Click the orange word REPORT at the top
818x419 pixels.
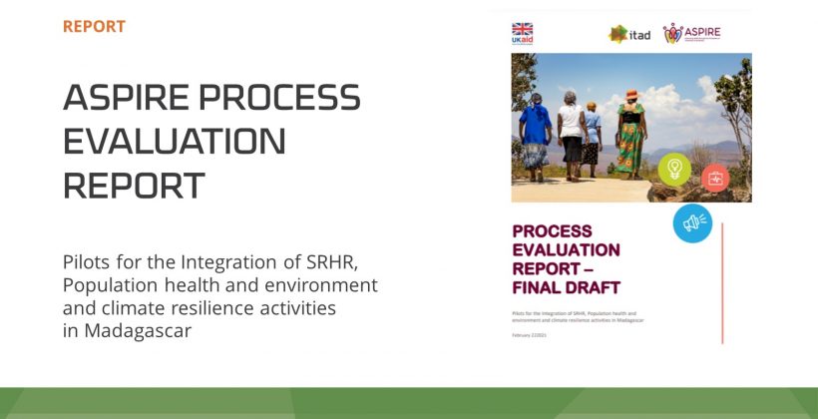point(94,26)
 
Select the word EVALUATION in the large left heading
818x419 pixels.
point(174,142)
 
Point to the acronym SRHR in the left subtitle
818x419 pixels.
point(328,262)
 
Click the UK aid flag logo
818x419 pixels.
point(522,33)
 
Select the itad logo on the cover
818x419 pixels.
point(629,35)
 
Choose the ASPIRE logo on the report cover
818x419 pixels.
point(691,33)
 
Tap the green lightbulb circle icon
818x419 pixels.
point(674,169)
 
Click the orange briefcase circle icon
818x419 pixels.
point(714,179)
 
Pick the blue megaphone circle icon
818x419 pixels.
point(692,222)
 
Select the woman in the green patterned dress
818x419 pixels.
point(630,135)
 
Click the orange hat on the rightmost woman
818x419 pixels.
point(631,94)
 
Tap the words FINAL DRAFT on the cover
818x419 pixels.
point(566,288)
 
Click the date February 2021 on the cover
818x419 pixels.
point(529,335)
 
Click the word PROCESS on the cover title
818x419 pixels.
point(552,230)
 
